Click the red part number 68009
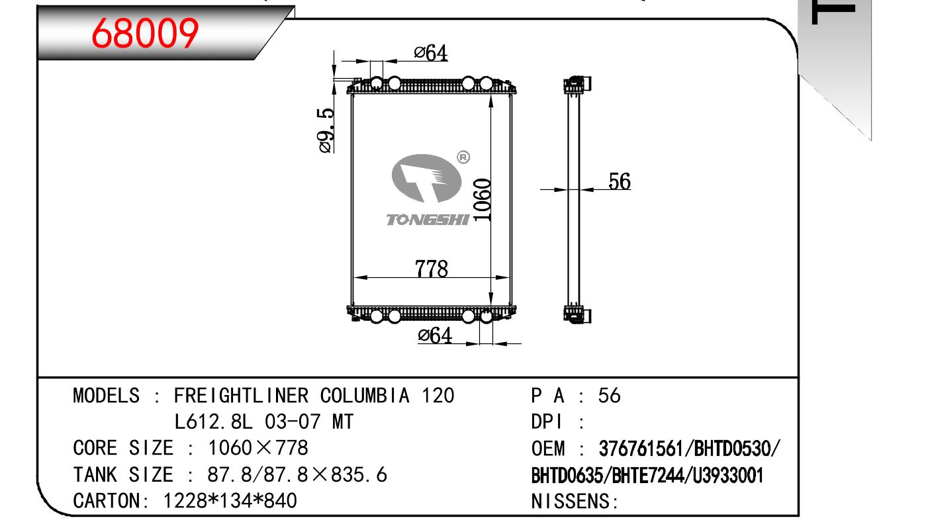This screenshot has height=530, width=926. [x=145, y=33]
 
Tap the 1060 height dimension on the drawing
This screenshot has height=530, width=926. [x=483, y=200]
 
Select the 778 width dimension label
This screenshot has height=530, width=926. [x=431, y=269]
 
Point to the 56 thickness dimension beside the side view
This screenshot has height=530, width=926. [x=620, y=181]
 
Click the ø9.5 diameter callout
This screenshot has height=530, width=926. [x=326, y=130]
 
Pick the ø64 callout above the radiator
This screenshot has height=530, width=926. [x=430, y=53]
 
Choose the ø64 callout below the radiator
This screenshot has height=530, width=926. [x=434, y=335]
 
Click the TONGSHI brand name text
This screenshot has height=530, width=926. [x=428, y=220]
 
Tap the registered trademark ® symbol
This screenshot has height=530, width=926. [x=463, y=157]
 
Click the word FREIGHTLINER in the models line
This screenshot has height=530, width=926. [x=241, y=396]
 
